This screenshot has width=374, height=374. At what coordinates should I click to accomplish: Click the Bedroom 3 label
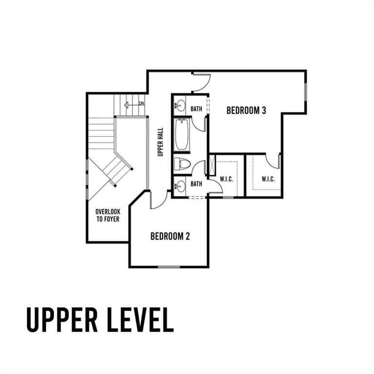tap(246, 111)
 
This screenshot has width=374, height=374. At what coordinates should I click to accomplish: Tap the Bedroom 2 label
tap(170, 236)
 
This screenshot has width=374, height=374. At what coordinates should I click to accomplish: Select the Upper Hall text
tap(161, 142)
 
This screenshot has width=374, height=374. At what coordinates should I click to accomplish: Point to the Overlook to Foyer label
tap(108, 215)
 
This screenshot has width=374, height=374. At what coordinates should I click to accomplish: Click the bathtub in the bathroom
tap(182, 134)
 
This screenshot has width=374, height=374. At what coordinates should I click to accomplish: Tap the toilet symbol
tap(183, 164)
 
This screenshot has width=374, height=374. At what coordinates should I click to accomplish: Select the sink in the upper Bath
tap(180, 106)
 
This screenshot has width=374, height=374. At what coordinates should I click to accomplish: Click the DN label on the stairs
tap(142, 103)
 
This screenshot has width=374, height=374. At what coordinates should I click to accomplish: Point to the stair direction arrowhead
tap(127, 105)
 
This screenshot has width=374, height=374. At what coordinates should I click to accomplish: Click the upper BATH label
tap(196, 109)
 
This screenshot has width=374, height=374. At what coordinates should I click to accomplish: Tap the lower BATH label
tap(196, 184)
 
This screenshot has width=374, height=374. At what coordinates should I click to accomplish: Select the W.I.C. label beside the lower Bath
tap(226, 179)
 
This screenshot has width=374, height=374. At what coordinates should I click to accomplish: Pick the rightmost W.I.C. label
tap(268, 179)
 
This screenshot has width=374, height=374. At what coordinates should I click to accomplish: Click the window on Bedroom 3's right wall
tap(305, 92)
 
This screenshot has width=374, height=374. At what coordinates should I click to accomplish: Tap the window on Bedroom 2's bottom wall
tap(169, 267)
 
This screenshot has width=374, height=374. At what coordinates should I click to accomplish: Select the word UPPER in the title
tap(62, 319)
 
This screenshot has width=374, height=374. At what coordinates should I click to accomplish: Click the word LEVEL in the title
tap(140, 319)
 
